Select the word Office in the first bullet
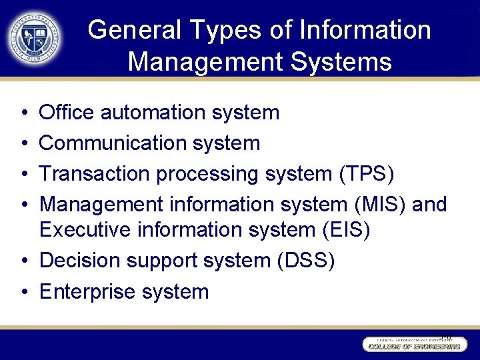[x=67, y=112]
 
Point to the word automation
[x=153, y=112]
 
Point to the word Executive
[x=85, y=229]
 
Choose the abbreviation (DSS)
[x=305, y=261]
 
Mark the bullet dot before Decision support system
[x=23, y=261]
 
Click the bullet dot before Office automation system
[x=23, y=113]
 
